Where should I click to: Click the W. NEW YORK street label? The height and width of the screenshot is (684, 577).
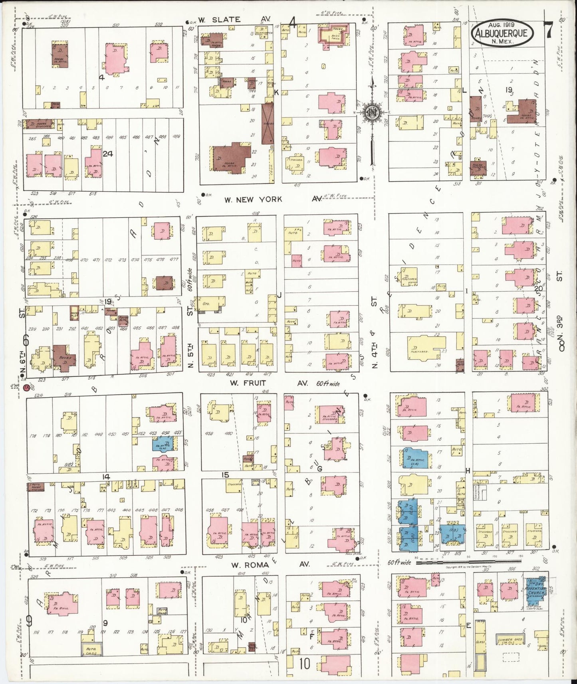pyautogui.click(x=253, y=199)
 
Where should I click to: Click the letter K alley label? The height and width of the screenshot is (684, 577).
pyautogui.click(x=276, y=93)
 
